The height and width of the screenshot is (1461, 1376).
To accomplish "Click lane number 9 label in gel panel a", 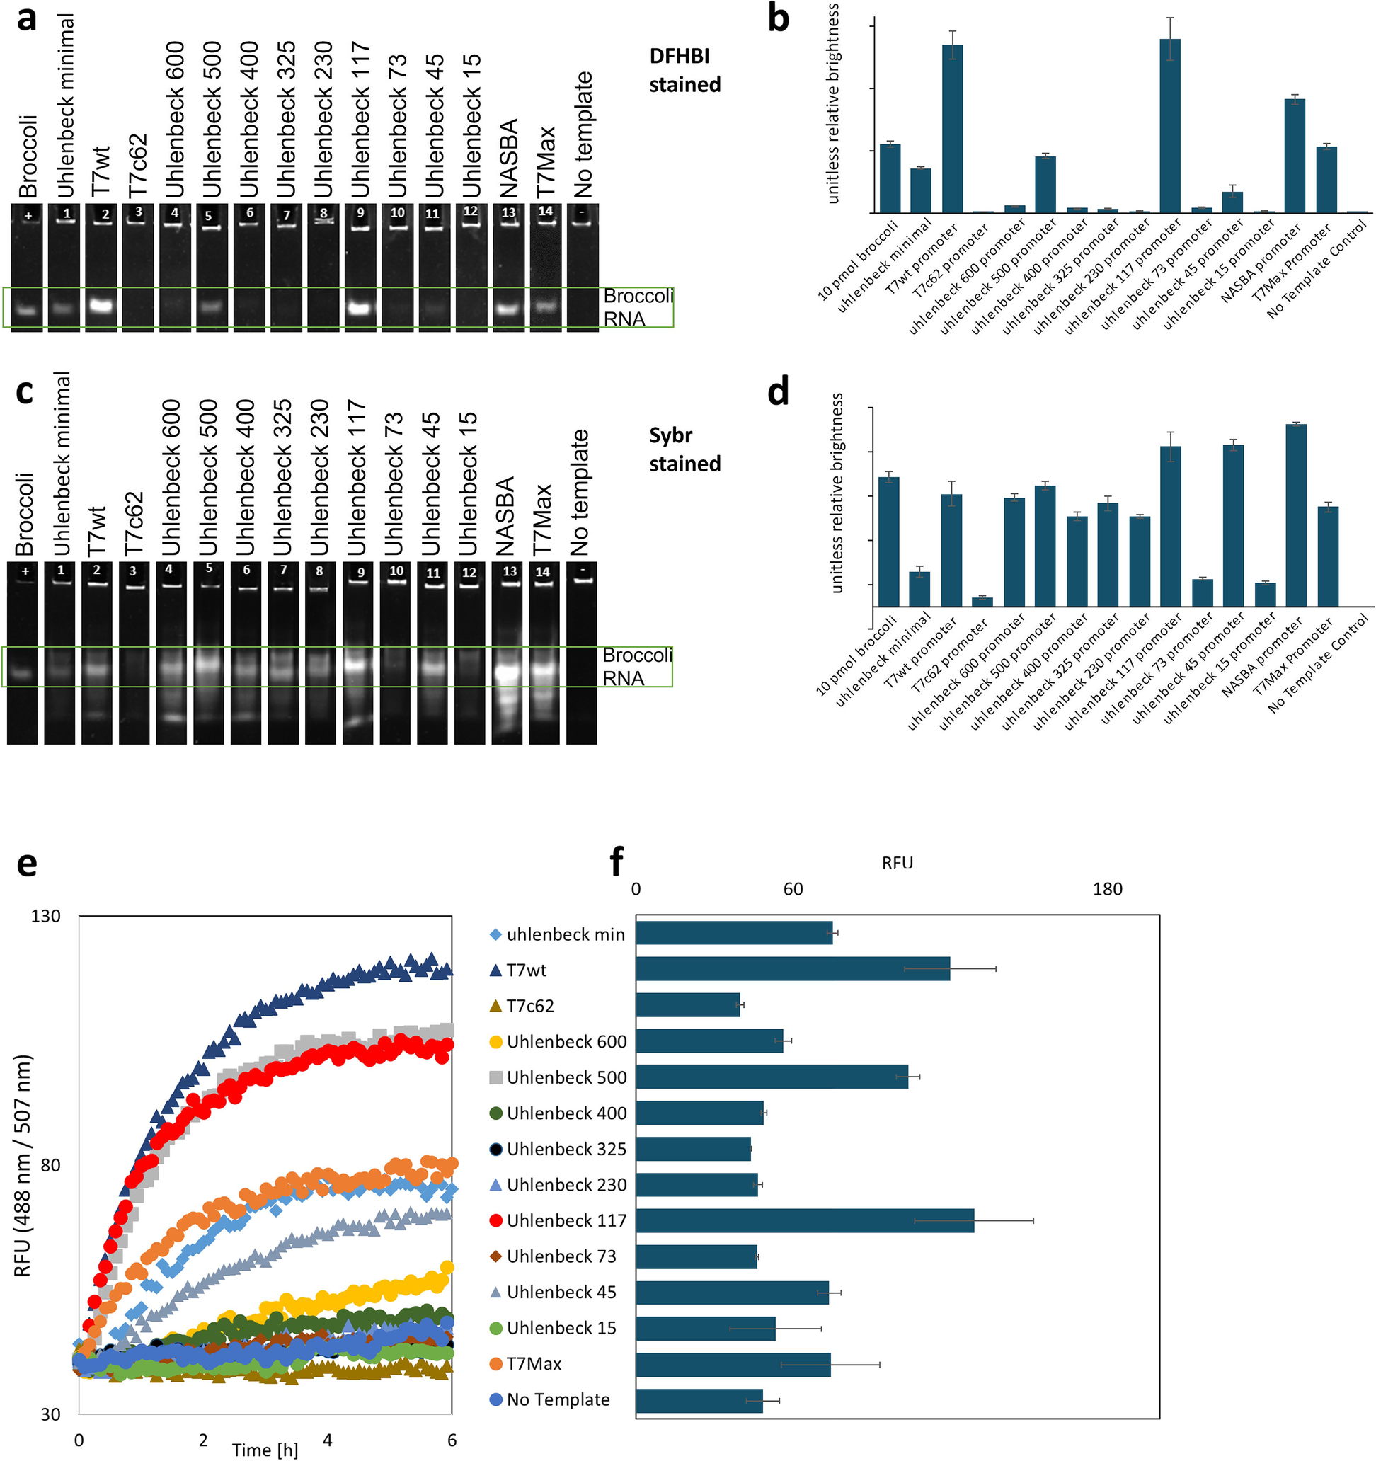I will (360, 212).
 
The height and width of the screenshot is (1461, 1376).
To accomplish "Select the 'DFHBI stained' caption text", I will (684, 71).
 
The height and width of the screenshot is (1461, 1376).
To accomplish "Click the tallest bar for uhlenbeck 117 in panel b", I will (1169, 125).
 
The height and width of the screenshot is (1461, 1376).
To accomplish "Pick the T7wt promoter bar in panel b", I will (952, 129).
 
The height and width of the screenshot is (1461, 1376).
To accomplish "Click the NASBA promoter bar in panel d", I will (1295, 515).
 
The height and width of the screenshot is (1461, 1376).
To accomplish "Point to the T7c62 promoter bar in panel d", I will (982, 601).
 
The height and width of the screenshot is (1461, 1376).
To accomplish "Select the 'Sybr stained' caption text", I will (684, 449).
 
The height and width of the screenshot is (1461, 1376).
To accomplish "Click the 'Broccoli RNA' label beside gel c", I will (636, 666).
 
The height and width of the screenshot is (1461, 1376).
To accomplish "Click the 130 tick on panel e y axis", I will (45, 916).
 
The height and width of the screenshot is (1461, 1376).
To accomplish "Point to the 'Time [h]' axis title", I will (265, 1449).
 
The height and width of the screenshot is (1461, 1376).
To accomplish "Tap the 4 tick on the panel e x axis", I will (327, 1440).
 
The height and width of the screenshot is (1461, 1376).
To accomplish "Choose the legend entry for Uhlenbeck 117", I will (558, 1220).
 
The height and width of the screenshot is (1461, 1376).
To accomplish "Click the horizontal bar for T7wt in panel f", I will (792, 968).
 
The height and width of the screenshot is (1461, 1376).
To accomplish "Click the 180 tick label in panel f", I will (1106, 889).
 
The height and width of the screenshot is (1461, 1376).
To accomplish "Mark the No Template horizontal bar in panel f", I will (699, 1400).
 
